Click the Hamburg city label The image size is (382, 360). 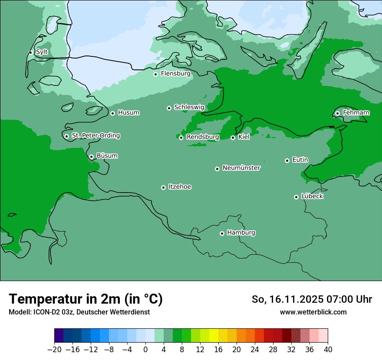click(x=241, y=232)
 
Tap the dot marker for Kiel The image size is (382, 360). click(x=233, y=137)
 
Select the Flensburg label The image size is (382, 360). click(x=175, y=74)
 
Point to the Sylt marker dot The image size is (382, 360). click(x=30, y=52)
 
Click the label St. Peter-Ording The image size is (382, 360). click(x=95, y=136)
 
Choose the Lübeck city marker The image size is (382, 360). click(x=296, y=197)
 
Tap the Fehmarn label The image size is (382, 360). click(x=356, y=113)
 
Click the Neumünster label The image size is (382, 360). click(x=241, y=168)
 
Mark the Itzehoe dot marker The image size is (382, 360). click(x=163, y=187)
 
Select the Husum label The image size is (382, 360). click(x=128, y=113)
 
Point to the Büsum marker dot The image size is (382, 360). click(x=91, y=157)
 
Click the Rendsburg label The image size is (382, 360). click(x=202, y=137)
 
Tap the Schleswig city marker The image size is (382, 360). click(x=169, y=108)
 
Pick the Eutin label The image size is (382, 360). click(x=300, y=160)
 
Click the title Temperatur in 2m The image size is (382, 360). click(x=86, y=299)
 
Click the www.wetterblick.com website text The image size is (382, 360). click(x=313, y=312)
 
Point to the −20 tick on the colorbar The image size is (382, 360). click(x=54, y=350)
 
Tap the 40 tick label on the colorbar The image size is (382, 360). click(x=328, y=350)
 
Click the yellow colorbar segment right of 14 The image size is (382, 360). click(x=214, y=336)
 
